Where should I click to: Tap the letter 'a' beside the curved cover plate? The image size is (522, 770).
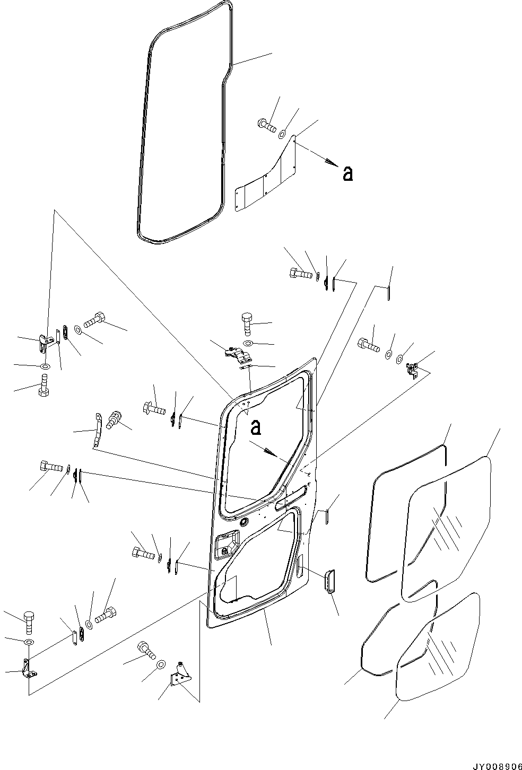click(348, 173)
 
